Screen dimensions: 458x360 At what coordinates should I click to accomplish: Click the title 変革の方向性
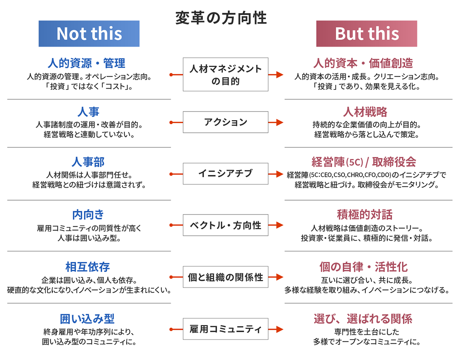[x=221, y=18]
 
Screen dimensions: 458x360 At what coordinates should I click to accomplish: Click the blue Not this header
[x=89, y=34]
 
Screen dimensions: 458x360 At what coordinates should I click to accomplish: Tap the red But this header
[x=366, y=34]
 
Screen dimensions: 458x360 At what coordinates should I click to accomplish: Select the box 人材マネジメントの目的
[x=225, y=74]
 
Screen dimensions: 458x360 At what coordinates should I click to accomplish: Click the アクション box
[x=225, y=122]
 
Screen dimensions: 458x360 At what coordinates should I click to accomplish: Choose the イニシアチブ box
[x=225, y=173]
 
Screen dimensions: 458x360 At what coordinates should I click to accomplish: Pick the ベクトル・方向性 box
[x=225, y=225]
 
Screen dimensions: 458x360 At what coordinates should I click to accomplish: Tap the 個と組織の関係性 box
[x=225, y=277]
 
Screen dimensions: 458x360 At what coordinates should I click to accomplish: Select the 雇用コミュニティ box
[x=225, y=329]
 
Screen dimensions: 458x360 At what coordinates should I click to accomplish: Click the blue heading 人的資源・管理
[x=86, y=63]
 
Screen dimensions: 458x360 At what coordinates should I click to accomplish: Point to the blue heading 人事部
[x=88, y=162]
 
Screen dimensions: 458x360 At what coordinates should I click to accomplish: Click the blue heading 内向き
[x=88, y=214]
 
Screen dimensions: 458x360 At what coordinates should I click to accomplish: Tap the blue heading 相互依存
[x=88, y=267]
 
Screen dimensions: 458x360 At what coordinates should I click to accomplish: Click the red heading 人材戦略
[x=365, y=112]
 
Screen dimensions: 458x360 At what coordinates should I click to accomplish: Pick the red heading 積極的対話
[x=365, y=214]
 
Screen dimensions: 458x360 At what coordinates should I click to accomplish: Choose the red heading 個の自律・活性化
[x=364, y=267]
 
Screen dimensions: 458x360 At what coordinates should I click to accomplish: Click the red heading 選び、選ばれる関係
[x=363, y=319]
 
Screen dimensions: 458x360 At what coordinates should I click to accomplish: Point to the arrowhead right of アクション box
[x=280, y=122]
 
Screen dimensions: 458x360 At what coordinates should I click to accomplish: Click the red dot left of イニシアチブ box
[x=171, y=173]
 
